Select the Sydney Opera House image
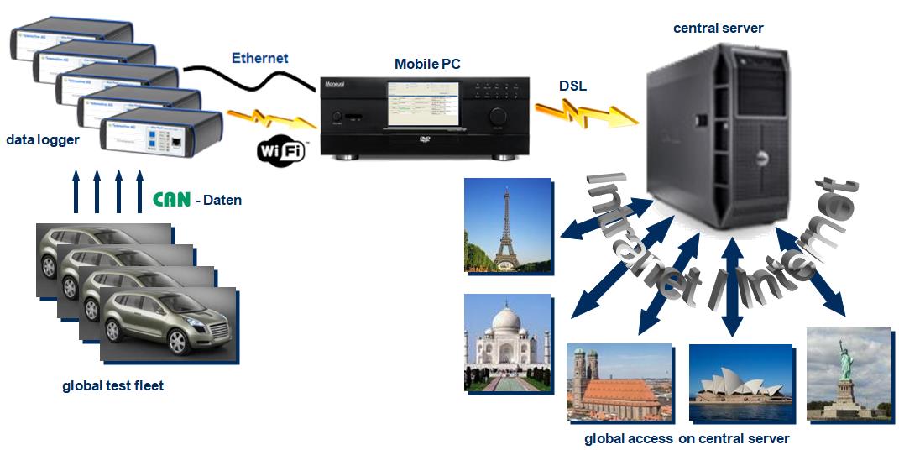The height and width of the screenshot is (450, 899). tap(740, 383)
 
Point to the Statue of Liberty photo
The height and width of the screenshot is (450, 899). tap(848, 373)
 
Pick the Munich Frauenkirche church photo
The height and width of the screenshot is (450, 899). tap(619, 382)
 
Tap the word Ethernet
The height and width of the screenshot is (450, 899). tap(259, 59)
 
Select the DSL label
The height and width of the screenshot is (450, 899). tap(573, 86)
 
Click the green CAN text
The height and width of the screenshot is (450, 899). tap(171, 200)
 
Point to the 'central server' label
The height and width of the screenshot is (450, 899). tap(719, 29)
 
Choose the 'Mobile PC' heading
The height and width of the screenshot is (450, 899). tap(427, 64)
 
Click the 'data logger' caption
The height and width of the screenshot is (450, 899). tap(42, 139)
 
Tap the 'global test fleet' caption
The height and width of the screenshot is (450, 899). tap(112, 386)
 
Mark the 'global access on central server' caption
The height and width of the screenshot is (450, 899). tap(687, 438)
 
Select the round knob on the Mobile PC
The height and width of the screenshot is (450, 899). tap(499, 115)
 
